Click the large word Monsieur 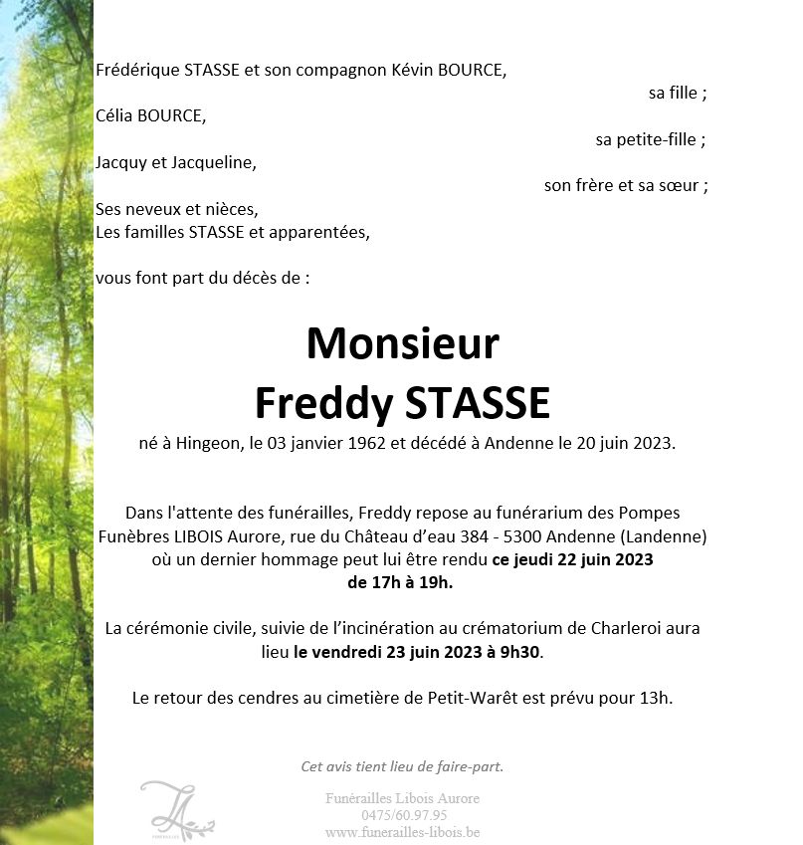[x=402, y=344]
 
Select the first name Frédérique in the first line [x=138, y=71]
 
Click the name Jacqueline [x=213, y=162]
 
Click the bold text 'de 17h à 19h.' [x=400, y=582]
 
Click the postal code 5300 [x=516, y=536]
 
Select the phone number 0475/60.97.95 [x=402, y=815]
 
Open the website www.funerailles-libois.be [x=402, y=831]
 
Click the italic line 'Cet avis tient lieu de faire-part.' [x=402, y=766]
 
